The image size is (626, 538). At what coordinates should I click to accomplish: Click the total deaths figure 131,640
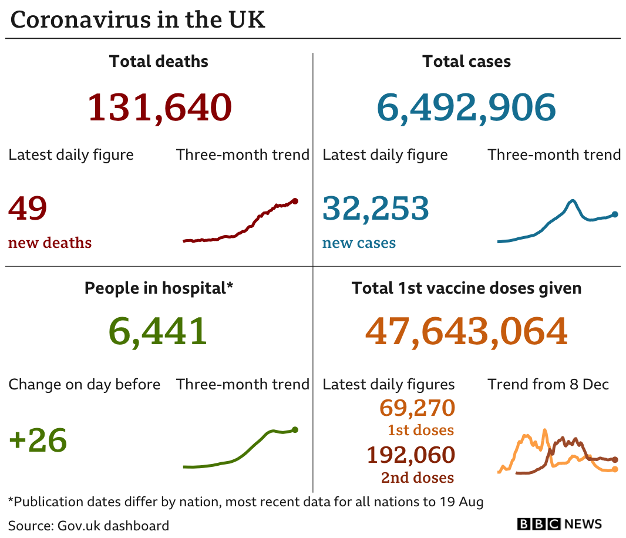[160, 107]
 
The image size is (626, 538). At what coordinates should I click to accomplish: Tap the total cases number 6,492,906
[466, 107]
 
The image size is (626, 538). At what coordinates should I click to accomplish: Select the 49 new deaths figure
[28, 209]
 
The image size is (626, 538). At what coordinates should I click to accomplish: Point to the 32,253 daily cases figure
[376, 209]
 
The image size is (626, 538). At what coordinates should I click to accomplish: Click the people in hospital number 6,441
[158, 331]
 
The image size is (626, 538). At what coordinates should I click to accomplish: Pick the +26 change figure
[38, 441]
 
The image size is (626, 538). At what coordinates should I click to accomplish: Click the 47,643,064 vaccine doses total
[466, 331]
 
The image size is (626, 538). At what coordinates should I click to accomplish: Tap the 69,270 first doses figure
[417, 408]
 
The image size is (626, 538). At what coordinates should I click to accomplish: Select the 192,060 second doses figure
[410, 455]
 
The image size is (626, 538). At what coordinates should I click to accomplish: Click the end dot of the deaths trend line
[295, 201]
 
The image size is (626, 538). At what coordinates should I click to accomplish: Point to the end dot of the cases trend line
[615, 214]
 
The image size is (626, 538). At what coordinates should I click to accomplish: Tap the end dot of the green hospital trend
[295, 429]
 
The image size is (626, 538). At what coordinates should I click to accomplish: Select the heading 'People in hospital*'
[159, 288]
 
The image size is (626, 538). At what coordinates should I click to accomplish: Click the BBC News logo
[559, 524]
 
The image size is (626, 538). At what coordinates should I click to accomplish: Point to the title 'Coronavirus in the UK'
[138, 20]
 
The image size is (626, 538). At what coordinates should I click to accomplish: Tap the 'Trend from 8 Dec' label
[548, 385]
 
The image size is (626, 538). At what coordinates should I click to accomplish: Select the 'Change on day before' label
[84, 385]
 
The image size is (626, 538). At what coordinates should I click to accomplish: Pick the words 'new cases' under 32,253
[359, 243]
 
